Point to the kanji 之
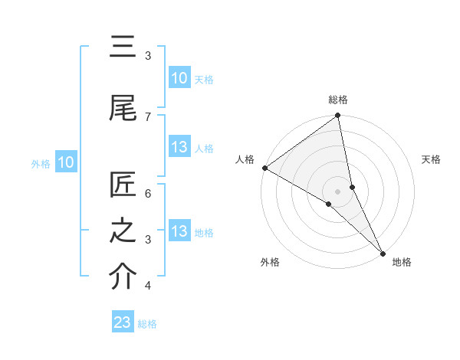pos(123,230)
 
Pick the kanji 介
pos(123,276)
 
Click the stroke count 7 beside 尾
pos(148,116)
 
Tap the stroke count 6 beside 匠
pos(148,193)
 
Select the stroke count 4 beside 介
pos(148,286)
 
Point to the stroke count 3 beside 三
pos(148,55)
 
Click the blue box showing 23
pos(123,322)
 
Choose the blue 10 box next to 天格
pos(179,78)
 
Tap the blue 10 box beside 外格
pos(66,162)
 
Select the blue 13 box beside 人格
pos(179,147)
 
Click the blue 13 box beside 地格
pos(179,231)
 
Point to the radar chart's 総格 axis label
pos(338,100)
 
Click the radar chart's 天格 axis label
pos(432,159)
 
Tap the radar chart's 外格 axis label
pos(270,262)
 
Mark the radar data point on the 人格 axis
pos(264,168)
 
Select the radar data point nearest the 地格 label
pos(382,252)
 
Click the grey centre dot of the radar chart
pos(338,191)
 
